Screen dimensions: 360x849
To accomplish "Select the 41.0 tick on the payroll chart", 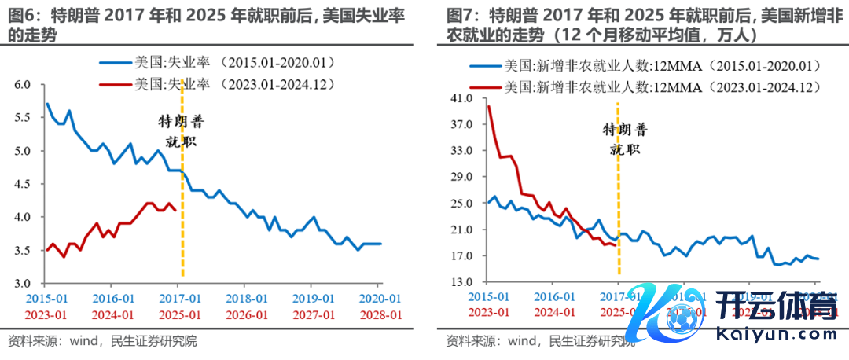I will [x=461, y=99].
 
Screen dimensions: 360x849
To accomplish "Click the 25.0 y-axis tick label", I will [x=461, y=204].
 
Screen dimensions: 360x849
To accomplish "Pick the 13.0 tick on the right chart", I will [x=461, y=282].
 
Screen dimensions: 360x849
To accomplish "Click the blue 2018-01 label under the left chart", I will [x=245, y=299].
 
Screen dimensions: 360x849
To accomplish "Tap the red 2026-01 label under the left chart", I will [x=245, y=314].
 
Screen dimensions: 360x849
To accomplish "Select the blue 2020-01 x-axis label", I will [x=380, y=299].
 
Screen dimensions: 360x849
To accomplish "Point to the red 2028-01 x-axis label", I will [x=380, y=314].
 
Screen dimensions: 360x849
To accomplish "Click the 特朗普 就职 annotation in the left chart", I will [x=181, y=132].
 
